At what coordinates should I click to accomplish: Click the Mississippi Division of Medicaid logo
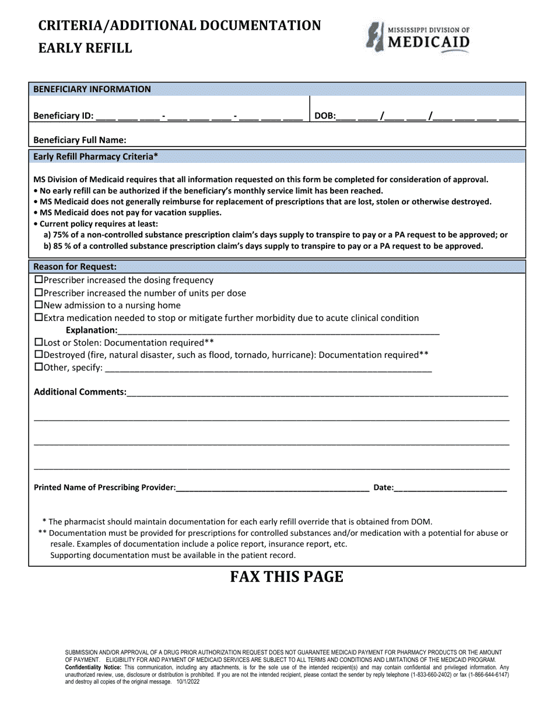tap(418, 37)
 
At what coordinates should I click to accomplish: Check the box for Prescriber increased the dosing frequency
tap(39, 280)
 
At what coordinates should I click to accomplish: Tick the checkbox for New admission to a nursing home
tap(39, 305)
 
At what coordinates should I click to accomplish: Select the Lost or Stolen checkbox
tap(39, 343)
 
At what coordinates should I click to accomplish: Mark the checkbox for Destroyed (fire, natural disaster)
tap(39, 355)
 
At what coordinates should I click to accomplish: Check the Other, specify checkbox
tap(39, 368)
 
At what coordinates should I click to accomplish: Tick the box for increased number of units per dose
tap(39, 293)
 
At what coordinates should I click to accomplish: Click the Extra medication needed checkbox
tap(39, 318)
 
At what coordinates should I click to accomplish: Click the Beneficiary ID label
tap(63, 116)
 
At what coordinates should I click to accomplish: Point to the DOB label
tap(325, 116)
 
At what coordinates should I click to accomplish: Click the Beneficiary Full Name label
tap(80, 140)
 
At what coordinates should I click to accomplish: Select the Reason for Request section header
tap(75, 267)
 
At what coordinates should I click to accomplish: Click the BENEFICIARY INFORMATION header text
tap(92, 89)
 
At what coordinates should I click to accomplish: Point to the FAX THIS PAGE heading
tap(286, 577)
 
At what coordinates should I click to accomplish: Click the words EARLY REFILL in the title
tap(85, 48)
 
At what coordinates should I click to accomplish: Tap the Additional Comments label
tap(80, 392)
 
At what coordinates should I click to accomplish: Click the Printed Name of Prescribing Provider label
tap(105, 487)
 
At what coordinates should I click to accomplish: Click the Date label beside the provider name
tap(383, 487)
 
